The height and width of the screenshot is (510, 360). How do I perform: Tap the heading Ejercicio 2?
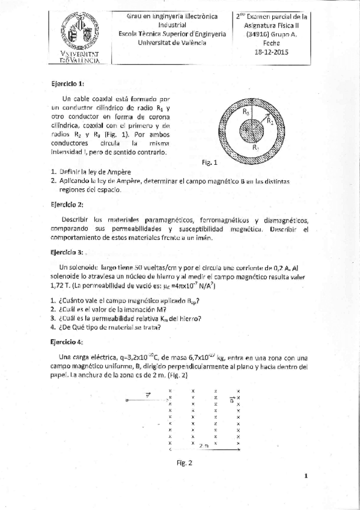click(67, 204)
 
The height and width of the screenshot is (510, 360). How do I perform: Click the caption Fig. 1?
click(210, 162)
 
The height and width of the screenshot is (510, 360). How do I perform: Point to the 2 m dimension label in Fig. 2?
click(204, 446)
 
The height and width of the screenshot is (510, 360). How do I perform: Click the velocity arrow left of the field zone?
click(146, 399)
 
